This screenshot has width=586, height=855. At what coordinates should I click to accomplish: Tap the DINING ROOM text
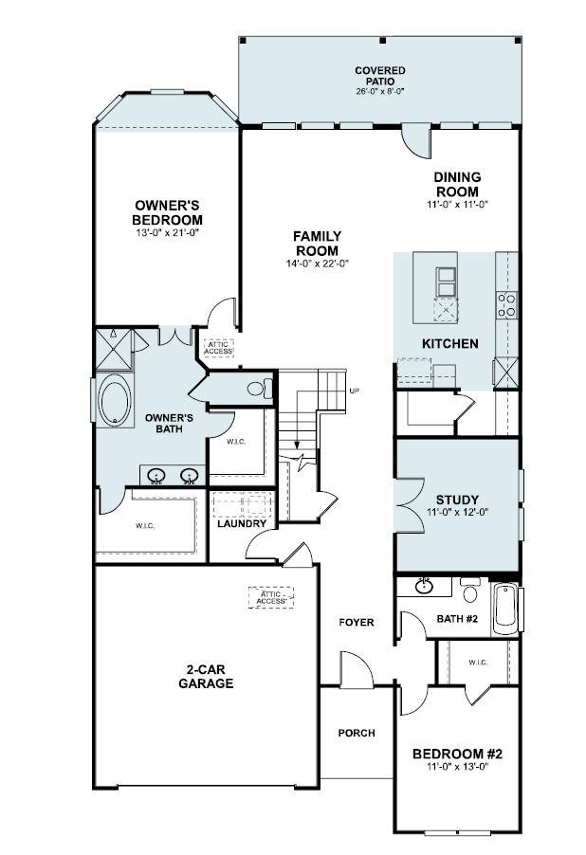click(x=457, y=184)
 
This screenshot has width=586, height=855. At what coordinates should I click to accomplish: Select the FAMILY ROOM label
click(x=317, y=243)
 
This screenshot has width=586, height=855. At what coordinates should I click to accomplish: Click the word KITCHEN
click(x=449, y=343)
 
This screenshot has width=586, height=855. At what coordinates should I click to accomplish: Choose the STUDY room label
click(x=457, y=500)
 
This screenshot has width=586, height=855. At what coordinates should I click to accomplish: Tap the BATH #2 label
click(x=457, y=619)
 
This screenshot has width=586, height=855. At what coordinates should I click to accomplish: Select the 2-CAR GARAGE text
click(x=205, y=675)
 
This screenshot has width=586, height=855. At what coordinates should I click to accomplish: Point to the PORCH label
click(x=357, y=733)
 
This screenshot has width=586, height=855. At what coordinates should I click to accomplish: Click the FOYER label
click(x=357, y=622)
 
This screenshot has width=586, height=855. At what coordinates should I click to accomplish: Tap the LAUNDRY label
click(x=241, y=523)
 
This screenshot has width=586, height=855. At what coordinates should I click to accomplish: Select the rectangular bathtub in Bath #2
click(x=504, y=608)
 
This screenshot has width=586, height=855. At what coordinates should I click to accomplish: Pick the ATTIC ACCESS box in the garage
click(x=270, y=597)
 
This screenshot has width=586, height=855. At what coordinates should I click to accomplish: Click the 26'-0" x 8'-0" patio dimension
click(x=380, y=92)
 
